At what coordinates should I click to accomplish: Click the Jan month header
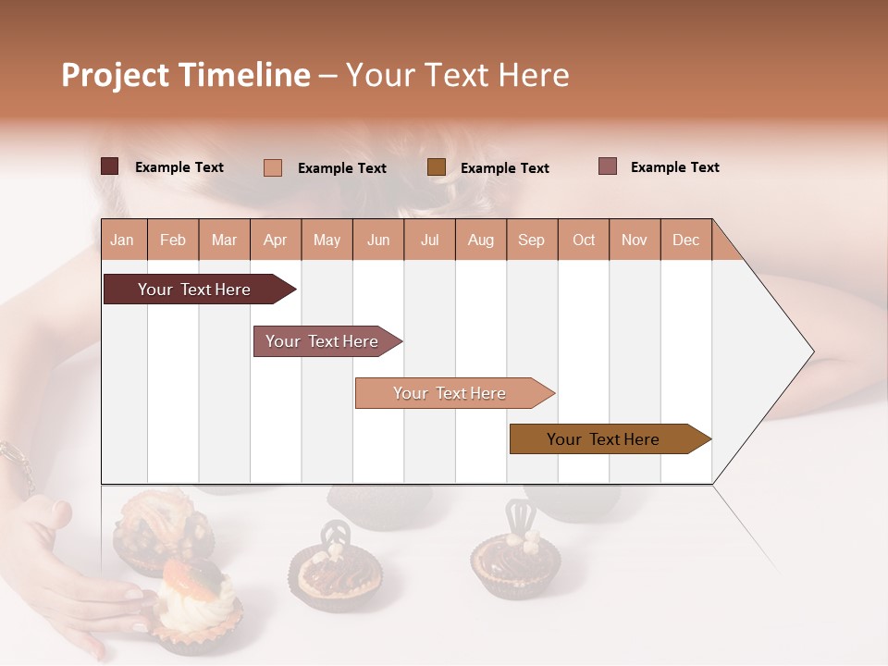[123, 240]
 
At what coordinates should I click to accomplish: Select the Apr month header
[276, 240]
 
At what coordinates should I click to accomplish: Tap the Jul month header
[429, 240]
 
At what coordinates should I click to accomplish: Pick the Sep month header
[531, 240]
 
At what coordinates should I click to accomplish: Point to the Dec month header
[685, 240]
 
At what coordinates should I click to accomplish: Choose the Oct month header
[583, 240]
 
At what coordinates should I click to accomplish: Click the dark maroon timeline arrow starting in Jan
[195, 290]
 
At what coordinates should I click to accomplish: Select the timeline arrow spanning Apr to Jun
[323, 341]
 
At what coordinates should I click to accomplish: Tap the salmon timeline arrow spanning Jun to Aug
[450, 393]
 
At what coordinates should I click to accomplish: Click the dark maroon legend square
[110, 166]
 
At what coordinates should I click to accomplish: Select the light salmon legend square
[273, 167]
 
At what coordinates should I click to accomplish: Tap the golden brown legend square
[437, 166]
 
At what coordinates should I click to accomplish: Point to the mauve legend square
[608, 166]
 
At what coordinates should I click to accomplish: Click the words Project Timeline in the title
[185, 75]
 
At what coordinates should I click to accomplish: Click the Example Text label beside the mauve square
[674, 167]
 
